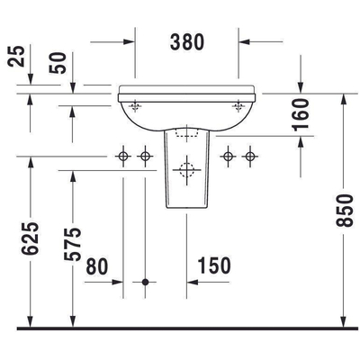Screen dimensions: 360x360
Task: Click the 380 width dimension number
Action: (187, 41)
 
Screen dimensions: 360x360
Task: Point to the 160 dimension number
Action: (300, 114)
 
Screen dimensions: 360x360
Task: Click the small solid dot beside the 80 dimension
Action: (145, 282)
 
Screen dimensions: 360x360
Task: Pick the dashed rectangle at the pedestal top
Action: (187, 134)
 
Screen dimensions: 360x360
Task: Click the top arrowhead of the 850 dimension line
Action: (344, 96)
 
